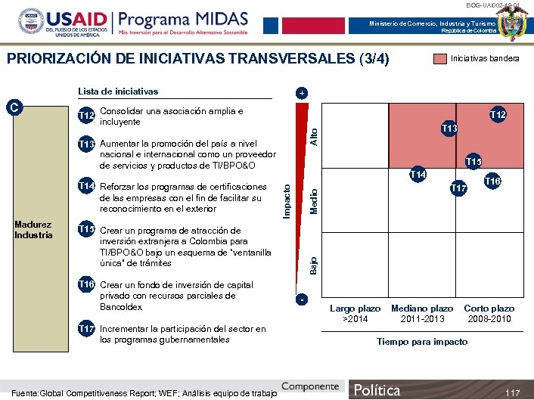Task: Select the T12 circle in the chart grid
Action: (x=497, y=115)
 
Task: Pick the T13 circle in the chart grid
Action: (x=449, y=129)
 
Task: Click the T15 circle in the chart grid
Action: (x=473, y=160)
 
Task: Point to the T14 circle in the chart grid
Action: (x=418, y=175)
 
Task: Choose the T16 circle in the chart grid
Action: (x=493, y=181)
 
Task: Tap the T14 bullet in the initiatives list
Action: (x=88, y=187)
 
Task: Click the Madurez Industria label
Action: (x=33, y=229)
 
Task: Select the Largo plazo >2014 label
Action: (x=355, y=314)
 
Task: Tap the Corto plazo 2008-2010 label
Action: (x=489, y=314)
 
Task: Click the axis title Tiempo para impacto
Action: (x=422, y=342)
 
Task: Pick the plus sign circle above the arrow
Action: (x=301, y=93)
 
